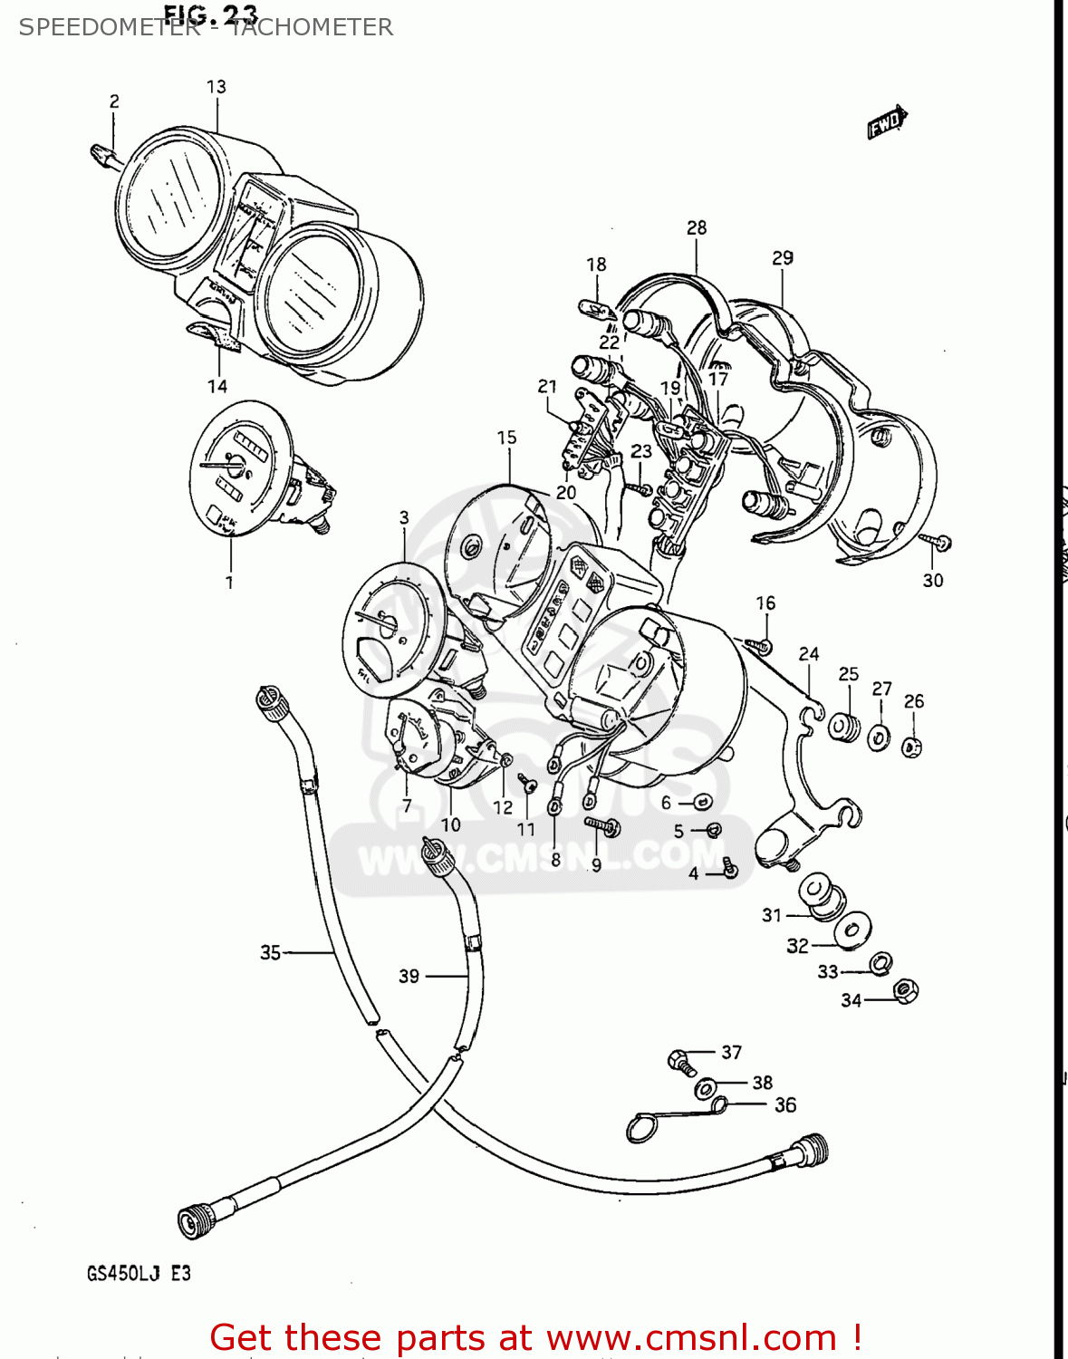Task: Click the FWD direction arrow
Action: coord(886,122)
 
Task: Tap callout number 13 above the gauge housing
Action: coord(216,87)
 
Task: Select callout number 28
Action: coord(696,228)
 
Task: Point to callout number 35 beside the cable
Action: coord(270,952)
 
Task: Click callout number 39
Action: coord(409,976)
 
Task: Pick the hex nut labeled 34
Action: coord(905,991)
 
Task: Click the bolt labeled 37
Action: coord(679,1059)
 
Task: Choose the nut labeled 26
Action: coord(912,747)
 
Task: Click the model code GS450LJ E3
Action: coord(139,1273)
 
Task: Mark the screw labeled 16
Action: coord(759,645)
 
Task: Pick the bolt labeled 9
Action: coord(601,824)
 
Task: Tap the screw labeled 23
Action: coord(641,489)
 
